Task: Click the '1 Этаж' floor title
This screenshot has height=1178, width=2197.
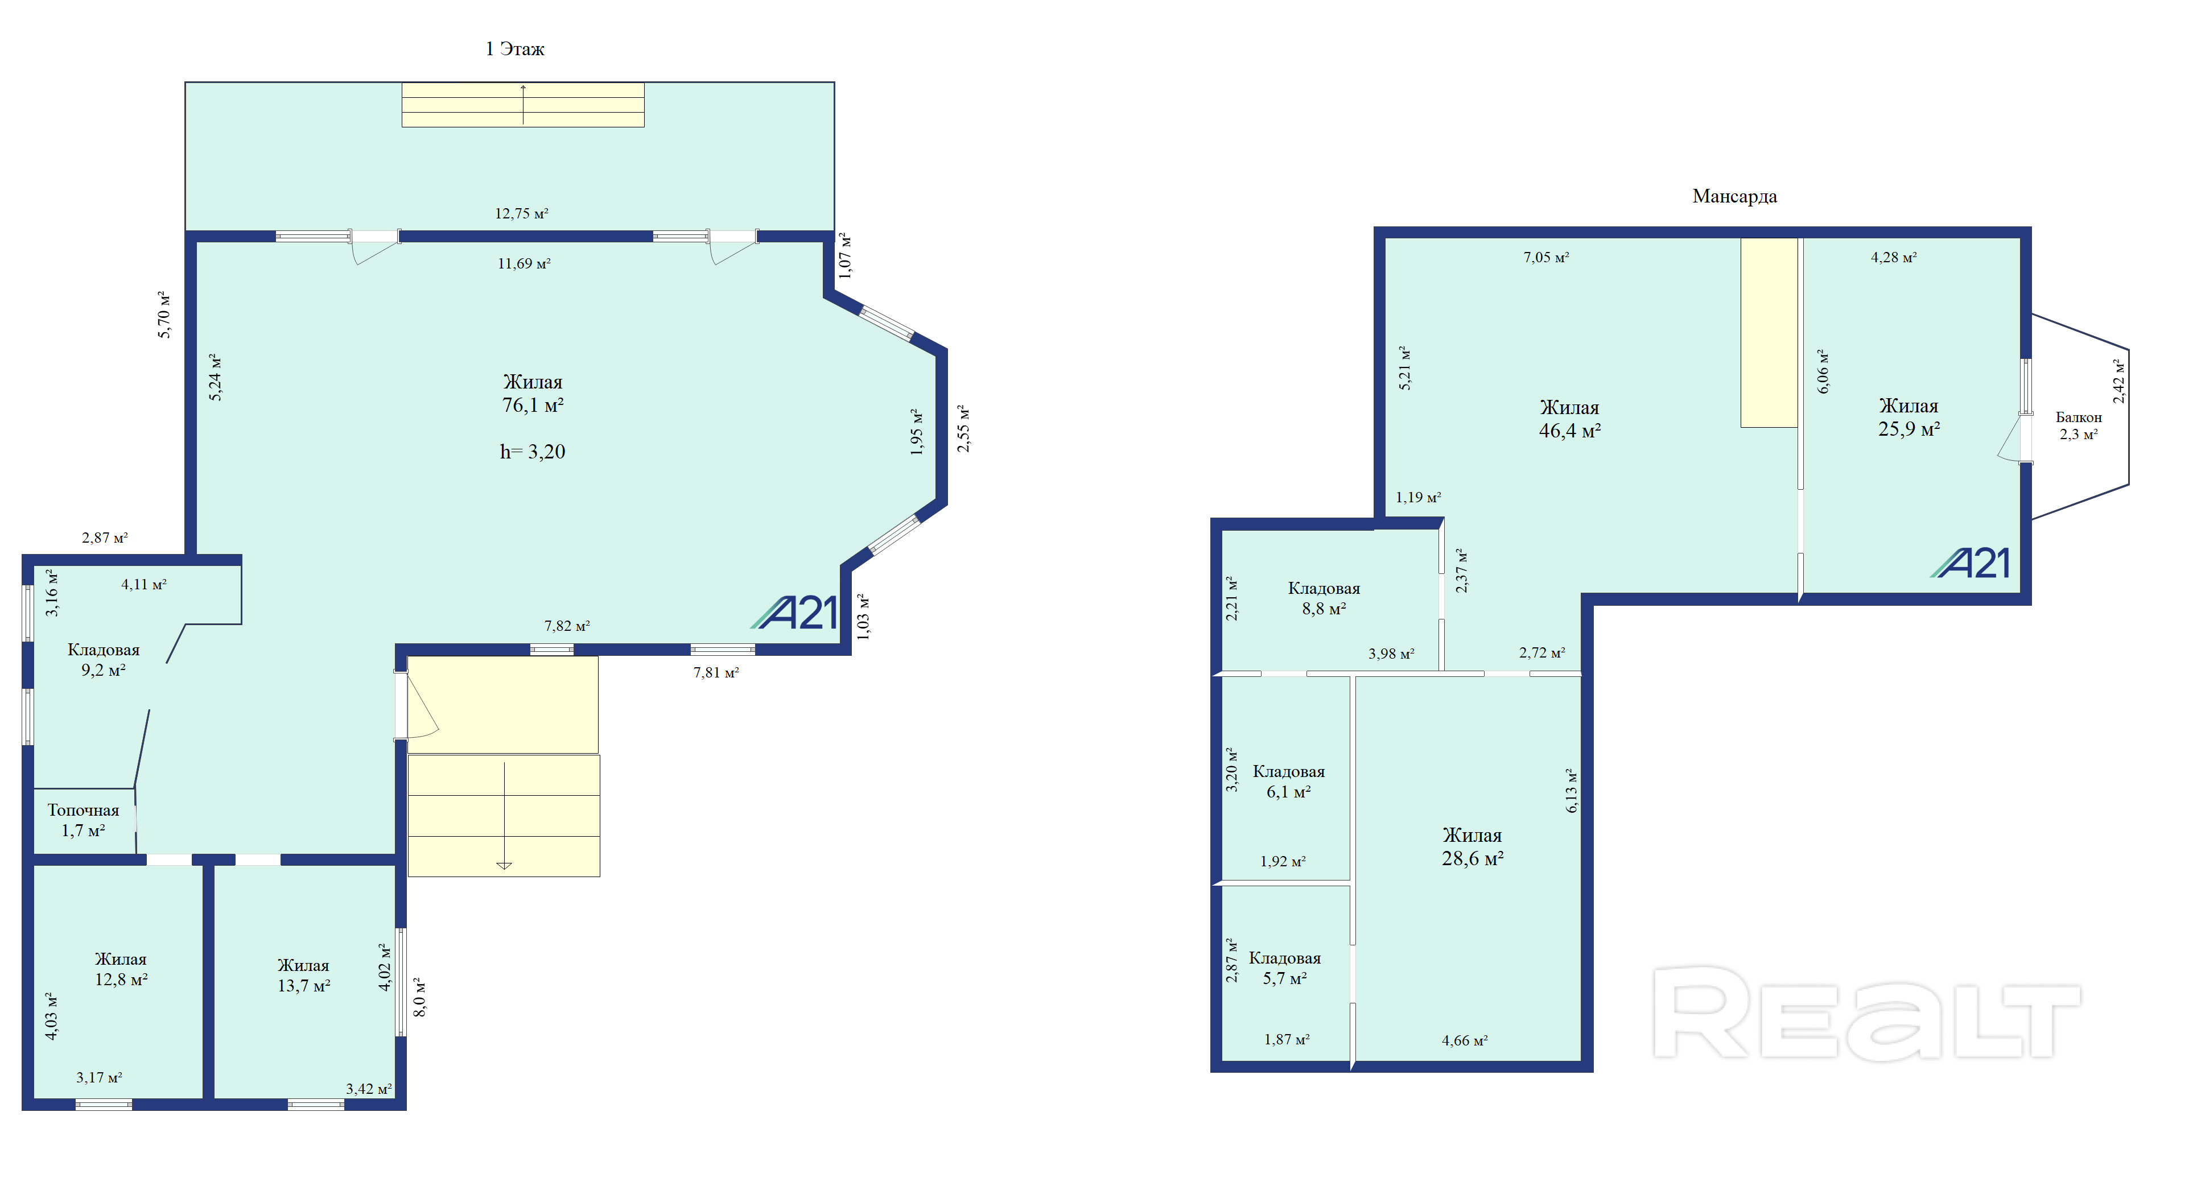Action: click(514, 48)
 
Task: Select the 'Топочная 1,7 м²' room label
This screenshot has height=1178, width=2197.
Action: click(83, 820)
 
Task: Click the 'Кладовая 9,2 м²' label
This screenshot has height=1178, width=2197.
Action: click(103, 660)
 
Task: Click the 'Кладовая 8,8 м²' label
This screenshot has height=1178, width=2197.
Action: click(1323, 598)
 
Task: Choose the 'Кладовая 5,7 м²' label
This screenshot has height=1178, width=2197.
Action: click(1284, 968)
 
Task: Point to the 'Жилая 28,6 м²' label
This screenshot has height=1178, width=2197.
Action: click(1472, 846)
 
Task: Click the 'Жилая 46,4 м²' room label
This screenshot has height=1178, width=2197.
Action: click(1569, 419)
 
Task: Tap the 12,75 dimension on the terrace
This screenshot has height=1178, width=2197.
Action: click(521, 213)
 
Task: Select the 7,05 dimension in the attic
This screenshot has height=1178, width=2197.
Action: click(1545, 257)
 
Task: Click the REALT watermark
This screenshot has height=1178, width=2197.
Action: click(1866, 1014)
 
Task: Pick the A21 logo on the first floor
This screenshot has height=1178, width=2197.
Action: click(795, 612)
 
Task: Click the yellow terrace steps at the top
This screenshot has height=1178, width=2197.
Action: click(523, 105)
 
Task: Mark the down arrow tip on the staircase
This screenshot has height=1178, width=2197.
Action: click(504, 869)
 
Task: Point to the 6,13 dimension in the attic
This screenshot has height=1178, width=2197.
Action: click(1571, 790)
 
